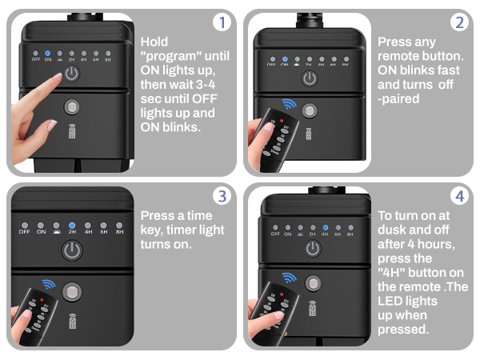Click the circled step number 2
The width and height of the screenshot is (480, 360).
458,22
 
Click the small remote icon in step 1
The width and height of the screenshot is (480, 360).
72,132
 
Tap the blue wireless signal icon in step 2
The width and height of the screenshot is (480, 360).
288,105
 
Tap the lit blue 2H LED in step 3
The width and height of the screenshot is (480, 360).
72,226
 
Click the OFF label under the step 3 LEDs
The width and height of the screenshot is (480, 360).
25,234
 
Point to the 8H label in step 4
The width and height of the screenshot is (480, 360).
350,235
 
